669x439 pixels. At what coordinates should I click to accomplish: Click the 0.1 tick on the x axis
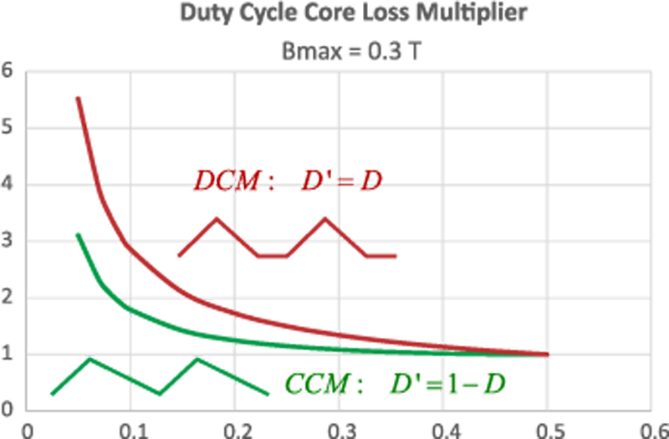coord(131,429)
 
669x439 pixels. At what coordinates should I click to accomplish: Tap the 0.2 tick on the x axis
coord(235,429)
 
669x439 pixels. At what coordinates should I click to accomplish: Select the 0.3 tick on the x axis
coord(339,429)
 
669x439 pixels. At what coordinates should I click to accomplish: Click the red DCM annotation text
coord(289,180)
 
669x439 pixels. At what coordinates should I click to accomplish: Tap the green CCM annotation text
coord(396,384)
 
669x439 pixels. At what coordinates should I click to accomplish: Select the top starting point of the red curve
coord(78,98)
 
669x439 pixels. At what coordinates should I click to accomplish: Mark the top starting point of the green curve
coord(78,234)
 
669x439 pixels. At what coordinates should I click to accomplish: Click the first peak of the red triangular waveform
coord(217,218)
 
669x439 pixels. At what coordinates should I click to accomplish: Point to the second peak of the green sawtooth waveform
coord(197,359)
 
